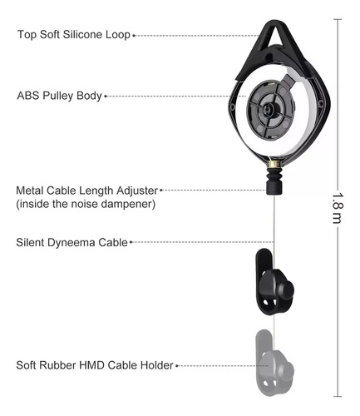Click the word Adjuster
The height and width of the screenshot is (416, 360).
click(137, 191)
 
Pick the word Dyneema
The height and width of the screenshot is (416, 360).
click(72, 242)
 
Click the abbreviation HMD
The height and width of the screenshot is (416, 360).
click(91, 365)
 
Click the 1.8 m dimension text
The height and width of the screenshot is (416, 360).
click(338, 208)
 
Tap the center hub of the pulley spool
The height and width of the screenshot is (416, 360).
click(268, 109)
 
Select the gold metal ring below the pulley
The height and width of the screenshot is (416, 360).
click(274, 164)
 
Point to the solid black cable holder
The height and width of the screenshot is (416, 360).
click(274, 282)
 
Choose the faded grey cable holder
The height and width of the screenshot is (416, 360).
click(274, 363)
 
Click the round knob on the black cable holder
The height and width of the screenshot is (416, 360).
click(286, 290)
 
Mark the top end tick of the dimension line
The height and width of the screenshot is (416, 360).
click(338, 19)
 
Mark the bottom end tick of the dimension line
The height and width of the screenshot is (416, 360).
click(338, 397)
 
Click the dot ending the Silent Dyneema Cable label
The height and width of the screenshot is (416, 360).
click(131, 242)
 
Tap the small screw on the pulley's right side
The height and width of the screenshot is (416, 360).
click(321, 104)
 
